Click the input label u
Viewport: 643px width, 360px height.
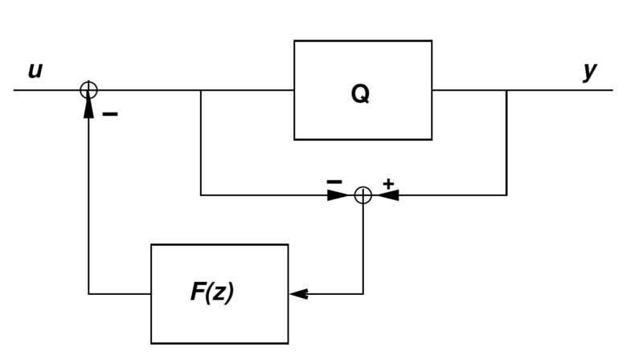click(35, 71)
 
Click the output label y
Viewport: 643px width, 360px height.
click(590, 71)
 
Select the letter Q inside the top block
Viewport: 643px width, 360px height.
click(361, 94)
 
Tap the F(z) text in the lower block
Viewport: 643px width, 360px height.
click(212, 292)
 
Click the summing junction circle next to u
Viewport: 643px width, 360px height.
click(88, 90)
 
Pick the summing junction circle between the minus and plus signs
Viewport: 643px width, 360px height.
click(362, 194)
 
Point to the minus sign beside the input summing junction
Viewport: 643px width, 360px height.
click(111, 115)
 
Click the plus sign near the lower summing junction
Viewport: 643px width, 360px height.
click(388, 184)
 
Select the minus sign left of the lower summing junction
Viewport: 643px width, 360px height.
click(334, 182)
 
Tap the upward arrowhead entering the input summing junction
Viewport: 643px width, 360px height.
click(88, 107)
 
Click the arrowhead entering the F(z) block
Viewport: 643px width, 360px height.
click(298, 294)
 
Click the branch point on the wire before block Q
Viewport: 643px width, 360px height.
click(201, 90)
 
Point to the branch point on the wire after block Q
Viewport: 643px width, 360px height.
click(506, 90)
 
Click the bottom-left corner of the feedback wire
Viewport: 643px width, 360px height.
click(88, 294)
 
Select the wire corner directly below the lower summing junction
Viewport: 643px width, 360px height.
click(362, 294)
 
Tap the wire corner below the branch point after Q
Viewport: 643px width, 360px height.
click(506, 194)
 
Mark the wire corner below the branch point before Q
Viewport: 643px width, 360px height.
click(201, 194)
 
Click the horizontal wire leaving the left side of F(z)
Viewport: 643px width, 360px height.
click(121, 294)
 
